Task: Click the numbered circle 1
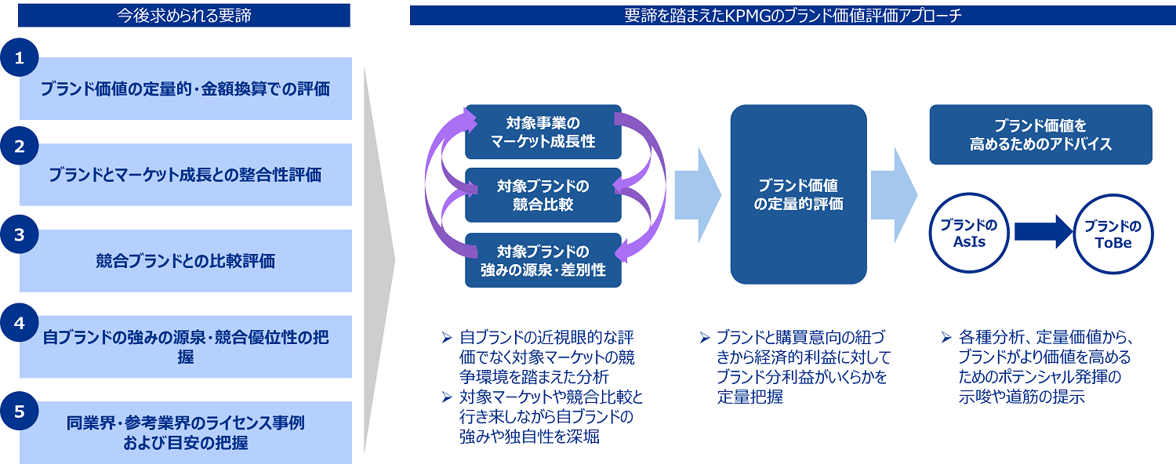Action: pyautogui.click(x=20, y=59)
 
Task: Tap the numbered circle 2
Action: pyautogui.click(x=20, y=145)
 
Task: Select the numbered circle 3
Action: pyautogui.click(x=20, y=234)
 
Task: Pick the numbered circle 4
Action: pyautogui.click(x=20, y=322)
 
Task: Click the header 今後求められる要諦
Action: pyautogui.click(x=184, y=15)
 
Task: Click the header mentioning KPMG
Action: pyautogui.click(x=793, y=15)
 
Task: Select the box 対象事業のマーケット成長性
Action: pyautogui.click(x=543, y=132)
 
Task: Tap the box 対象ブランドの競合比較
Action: pyautogui.click(x=543, y=195)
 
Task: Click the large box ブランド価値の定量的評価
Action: pyautogui.click(x=798, y=194)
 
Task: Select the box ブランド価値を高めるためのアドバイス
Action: pyautogui.click(x=1040, y=135)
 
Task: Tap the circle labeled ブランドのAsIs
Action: pyautogui.click(x=968, y=233)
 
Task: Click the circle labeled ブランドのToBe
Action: pyautogui.click(x=1112, y=233)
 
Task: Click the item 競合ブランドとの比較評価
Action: pyautogui.click(x=186, y=261)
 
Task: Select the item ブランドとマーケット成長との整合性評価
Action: pyautogui.click(x=186, y=175)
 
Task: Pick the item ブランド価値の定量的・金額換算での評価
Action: pyautogui.click(x=186, y=89)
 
